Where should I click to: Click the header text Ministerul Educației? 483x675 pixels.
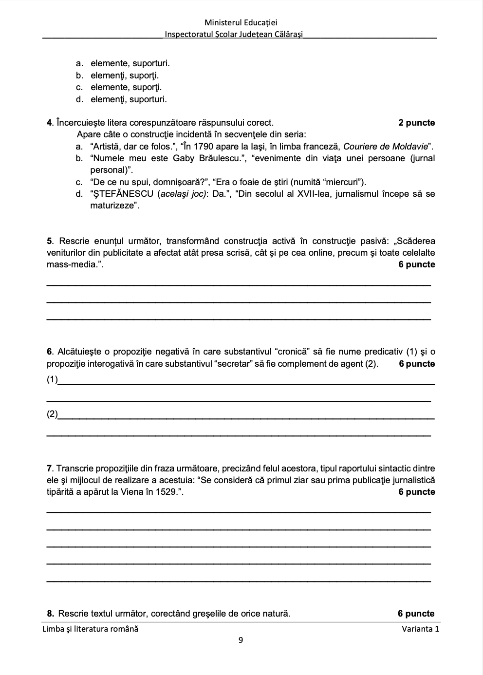(241, 22)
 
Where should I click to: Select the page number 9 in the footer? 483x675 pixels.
(241, 640)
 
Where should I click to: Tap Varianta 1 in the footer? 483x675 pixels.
(420, 629)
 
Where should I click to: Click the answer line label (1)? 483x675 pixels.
(52, 380)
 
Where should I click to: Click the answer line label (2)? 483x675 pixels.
(52, 414)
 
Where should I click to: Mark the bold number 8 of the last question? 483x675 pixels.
(49, 614)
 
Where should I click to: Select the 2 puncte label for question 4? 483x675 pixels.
(416, 123)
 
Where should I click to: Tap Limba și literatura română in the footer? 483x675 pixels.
(91, 629)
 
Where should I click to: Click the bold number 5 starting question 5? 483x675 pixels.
(49, 241)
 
